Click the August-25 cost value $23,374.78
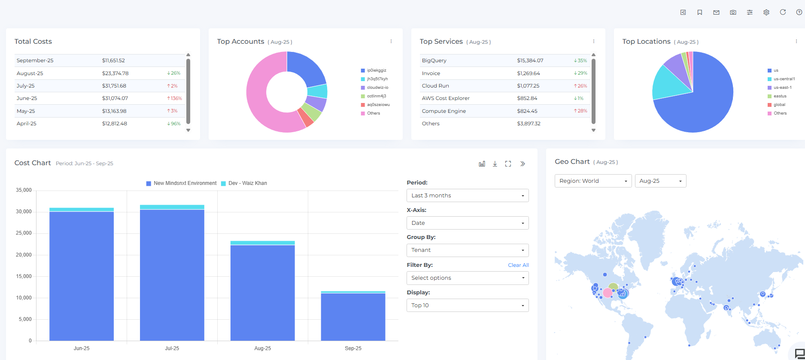pos(115,73)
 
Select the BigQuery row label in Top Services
pos(434,61)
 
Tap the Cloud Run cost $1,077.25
pos(528,86)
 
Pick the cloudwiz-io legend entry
pos(377,88)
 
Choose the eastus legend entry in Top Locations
pos(780,96)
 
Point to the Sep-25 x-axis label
pos(353,348)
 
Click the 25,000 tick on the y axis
pos(24,233)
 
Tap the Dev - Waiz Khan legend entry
pos(247,183)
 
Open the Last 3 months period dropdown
pos(467,196)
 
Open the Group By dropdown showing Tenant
pos(467,250)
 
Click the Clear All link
pos(518,265)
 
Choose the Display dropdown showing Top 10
pos(467,306)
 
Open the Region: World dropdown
pos(593,181)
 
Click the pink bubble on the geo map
pos(608,293)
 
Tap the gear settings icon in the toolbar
pos(766,12)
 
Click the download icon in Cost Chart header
pos(495,164)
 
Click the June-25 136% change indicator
pos(175,98)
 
